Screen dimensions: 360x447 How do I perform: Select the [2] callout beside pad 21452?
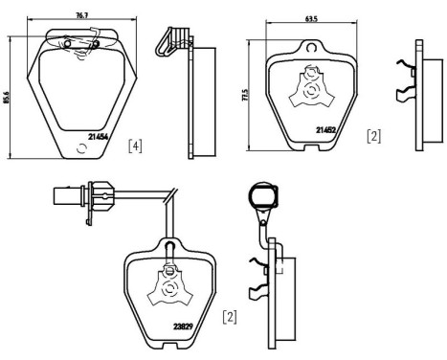coord(372,137)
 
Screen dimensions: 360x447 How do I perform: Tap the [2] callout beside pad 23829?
coord(230,314)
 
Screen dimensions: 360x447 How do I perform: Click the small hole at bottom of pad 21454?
coord(81,147)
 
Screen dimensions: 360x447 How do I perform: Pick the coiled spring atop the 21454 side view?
coord(171,38)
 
